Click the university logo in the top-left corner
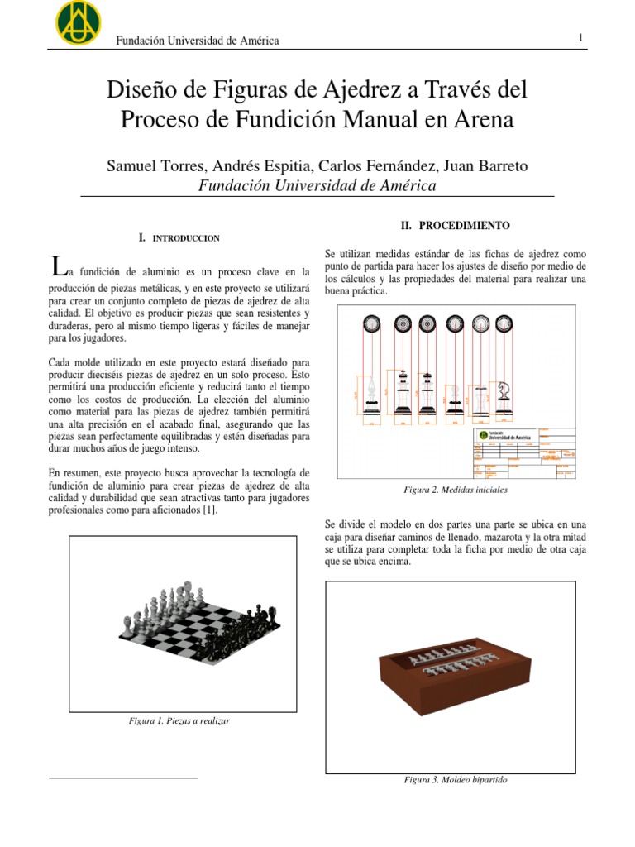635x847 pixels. click(x=78, y=22)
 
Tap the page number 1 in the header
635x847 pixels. click(x=581, y=38)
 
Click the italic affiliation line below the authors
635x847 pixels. click(x=317, y=186)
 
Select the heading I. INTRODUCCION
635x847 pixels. click(x=179, y=238)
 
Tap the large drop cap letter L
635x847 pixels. click(x=56, y=266)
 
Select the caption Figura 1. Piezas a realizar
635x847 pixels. click(x=179, y=720)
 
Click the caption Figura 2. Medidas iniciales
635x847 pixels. click(x=455, y=490)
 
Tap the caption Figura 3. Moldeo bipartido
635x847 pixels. click(x=455, y=780)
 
